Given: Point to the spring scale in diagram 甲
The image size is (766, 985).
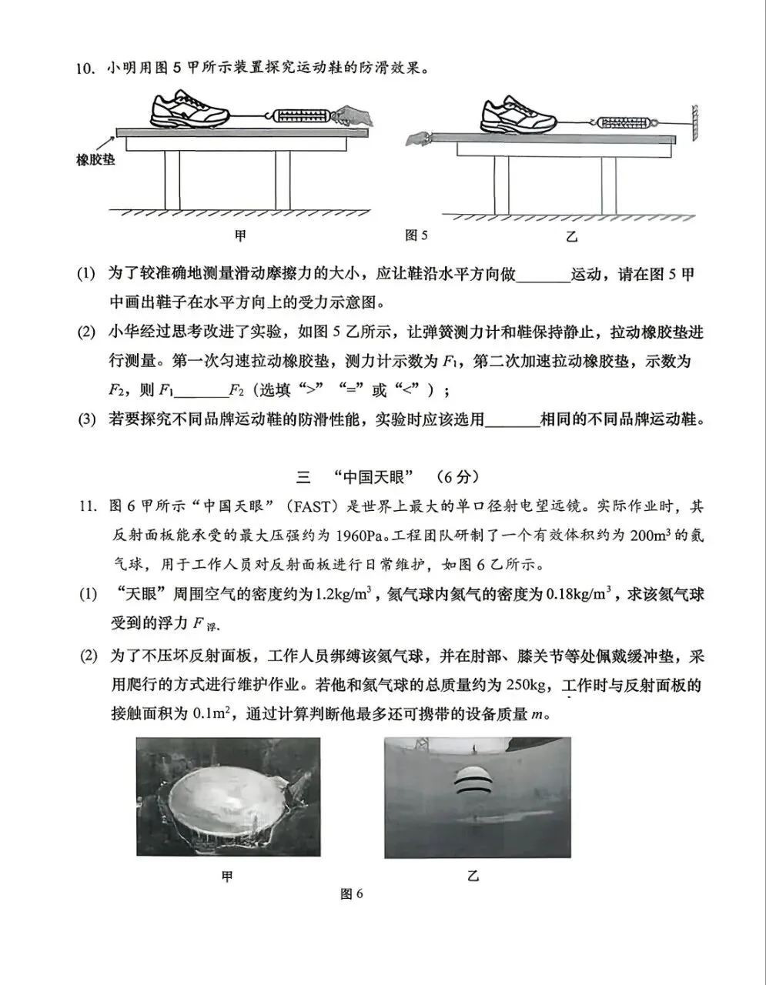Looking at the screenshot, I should (x=299, y=117).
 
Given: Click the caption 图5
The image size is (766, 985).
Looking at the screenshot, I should (x=416, y=235).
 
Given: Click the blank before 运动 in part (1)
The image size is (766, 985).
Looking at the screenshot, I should (x=543, y=275).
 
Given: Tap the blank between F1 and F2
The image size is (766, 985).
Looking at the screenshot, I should (x=201, y=391).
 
